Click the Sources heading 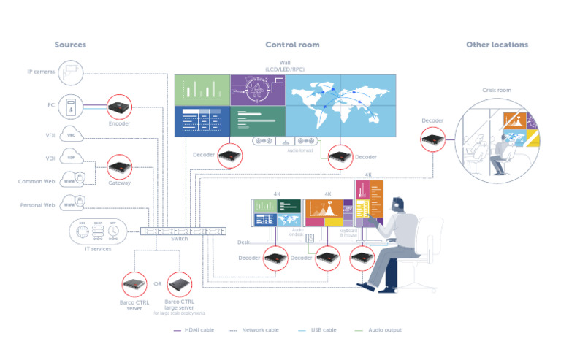coord(70,45)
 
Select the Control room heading coord(292,45)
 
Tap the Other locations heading coord(497,45)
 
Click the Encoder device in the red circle coord(119,107)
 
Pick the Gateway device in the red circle coord(119,167)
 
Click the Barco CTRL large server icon coord(179,283)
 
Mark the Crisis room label coord(497,91)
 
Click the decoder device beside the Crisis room coord(433,139)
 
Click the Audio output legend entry coord(381,330)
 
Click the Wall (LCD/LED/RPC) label coord(285,66)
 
